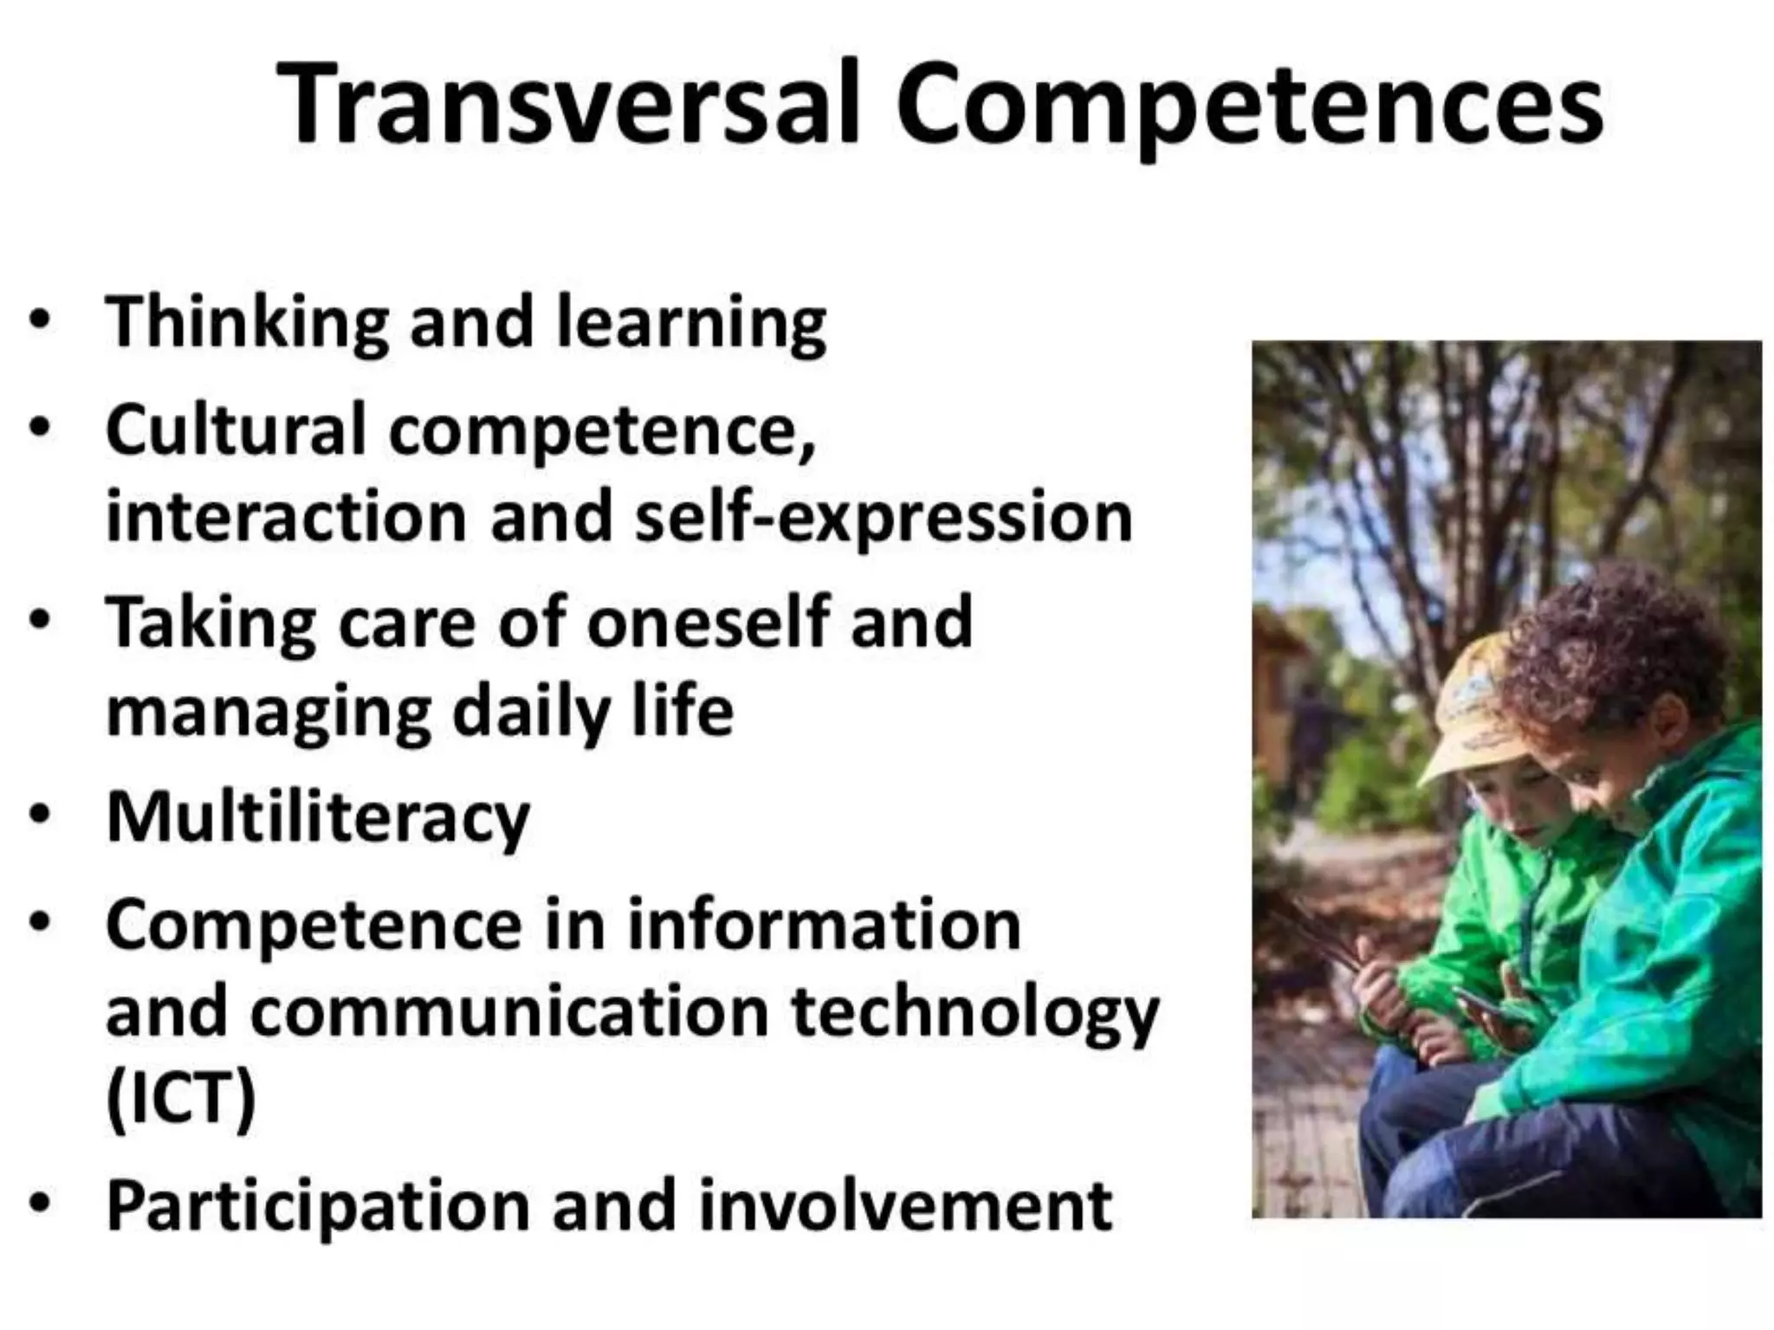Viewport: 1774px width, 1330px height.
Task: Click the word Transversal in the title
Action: pyautogui.click(x=568, y=106)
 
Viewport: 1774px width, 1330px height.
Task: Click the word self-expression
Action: pyautogui.click(x=883, y=517)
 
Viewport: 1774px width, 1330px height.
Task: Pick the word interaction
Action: pyautogui.click(x=286, y=517)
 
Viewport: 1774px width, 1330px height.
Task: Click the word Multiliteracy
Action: pyautogui.click(x=318, y=818)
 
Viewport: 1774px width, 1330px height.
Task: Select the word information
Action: pyautogui.click(x=824, y=925)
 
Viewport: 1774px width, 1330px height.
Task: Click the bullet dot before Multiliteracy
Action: pyautogui.click(x=39, y=816)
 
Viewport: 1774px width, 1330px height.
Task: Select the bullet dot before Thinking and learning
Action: pyautogui.click(x=39, y=320)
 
